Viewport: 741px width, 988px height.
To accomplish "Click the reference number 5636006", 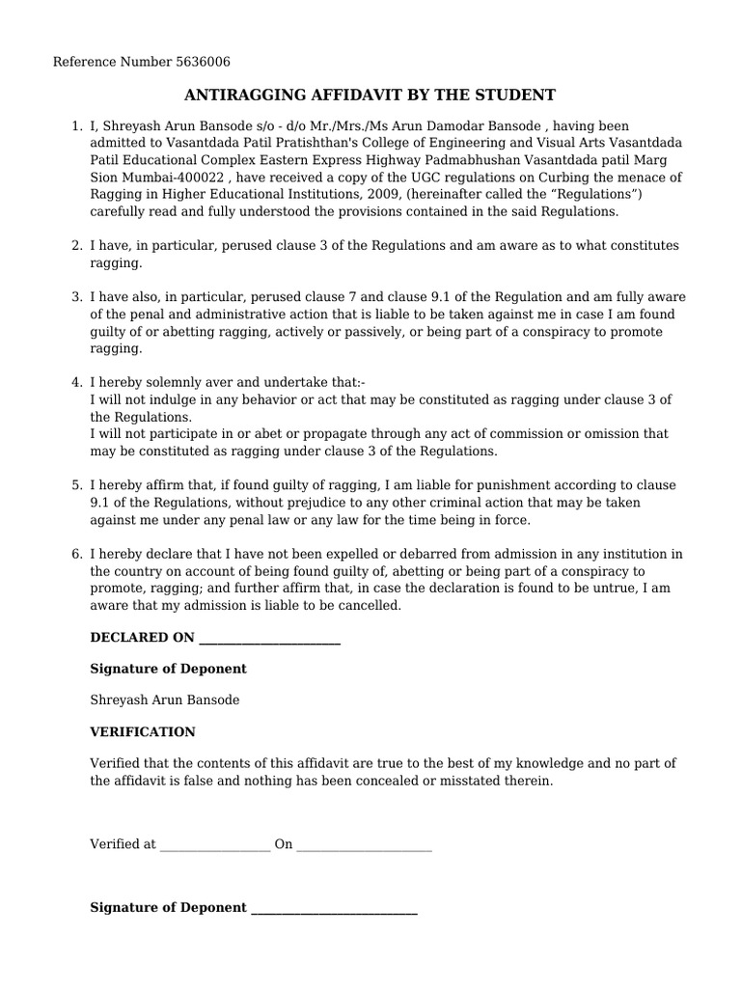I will pos(204,63).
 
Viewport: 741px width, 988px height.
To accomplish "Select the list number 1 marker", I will pos(76,125).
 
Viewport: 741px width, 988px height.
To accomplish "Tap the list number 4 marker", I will pos(76,382).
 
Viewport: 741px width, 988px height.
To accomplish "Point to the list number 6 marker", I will pos(76,554).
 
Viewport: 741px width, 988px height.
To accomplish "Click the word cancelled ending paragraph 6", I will pos(367,606).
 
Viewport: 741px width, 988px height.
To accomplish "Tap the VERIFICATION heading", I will pos(142,732).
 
